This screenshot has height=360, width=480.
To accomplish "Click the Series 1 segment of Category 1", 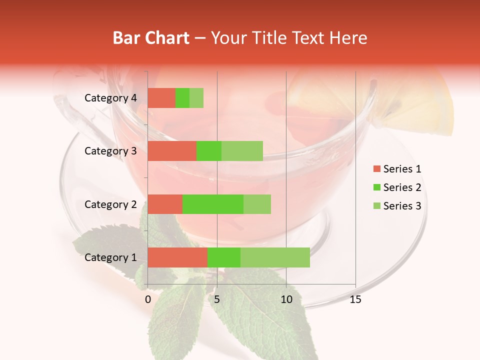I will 177,257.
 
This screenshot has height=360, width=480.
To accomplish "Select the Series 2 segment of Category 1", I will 224,257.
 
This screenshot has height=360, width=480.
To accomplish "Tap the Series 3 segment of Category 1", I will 275,257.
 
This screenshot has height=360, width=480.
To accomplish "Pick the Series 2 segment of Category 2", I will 213,204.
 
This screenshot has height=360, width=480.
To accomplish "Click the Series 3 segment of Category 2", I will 257,204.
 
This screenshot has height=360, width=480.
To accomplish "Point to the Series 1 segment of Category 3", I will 172,151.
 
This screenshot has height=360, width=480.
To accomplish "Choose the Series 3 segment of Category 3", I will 242,151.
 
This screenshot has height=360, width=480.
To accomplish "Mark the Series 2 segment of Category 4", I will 182,98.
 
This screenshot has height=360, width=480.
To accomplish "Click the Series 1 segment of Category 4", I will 161,98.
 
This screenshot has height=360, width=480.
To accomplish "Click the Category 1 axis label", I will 110,257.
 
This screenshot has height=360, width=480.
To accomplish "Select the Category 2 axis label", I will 110,204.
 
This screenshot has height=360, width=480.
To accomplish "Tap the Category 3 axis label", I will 110,151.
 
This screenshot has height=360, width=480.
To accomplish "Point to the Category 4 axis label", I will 110,98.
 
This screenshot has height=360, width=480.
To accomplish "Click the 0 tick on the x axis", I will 148,299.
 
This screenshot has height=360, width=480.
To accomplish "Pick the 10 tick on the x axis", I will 286,299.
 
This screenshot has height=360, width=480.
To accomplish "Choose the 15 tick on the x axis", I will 355,299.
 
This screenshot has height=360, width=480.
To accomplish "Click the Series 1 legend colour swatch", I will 376,169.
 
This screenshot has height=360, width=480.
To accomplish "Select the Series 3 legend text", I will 402,206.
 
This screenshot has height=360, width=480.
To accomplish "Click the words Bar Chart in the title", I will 151,38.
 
